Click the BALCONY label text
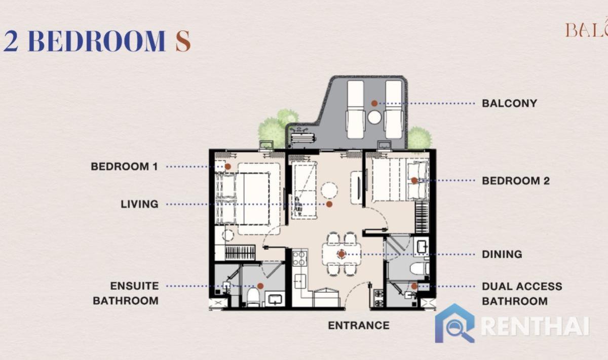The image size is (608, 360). click(x=509, y=103)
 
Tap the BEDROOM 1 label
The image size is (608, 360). click(x=125, y=166)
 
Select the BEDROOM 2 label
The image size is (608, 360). click(x=516, y=181)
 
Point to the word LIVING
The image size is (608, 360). click(x=139, y=204)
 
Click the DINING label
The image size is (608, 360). click(x=502, y=254)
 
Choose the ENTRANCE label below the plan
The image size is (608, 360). click(x=359, y=326)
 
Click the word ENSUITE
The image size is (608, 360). click(x=134, y=286)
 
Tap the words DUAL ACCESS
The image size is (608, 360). click(x=522, y=286)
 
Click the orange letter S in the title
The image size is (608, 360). click(x=183, y=41)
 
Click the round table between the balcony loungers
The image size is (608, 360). click(x=374, y=117)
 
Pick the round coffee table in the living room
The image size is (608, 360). click(x=329, y=190)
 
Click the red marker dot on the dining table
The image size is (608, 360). click(x=341, y=254)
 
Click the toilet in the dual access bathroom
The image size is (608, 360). click(x=419, y=268)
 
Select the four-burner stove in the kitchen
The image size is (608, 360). click(x=299, y=258)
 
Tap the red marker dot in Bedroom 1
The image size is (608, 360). click(x=228, y=166)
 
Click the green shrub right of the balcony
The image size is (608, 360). click(x=420, y=138)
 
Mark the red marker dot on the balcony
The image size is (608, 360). click(x=374, y=103)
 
